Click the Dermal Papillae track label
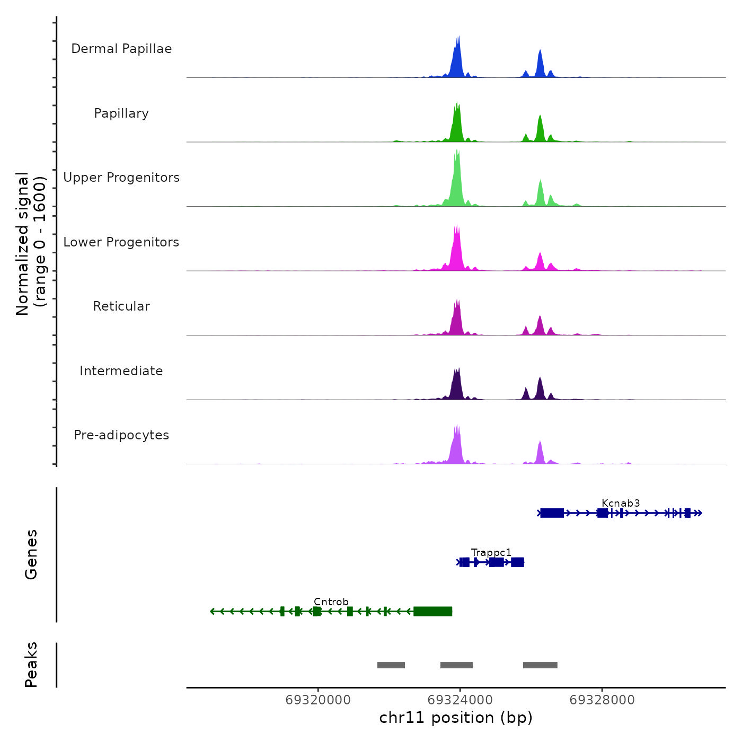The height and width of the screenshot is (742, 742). tap(121, 49)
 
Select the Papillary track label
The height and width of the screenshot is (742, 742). tap(121, 113)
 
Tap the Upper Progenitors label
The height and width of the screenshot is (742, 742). tap(121, 178)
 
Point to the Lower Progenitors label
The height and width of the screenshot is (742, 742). tap(121, 242)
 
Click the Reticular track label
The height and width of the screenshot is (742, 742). tap(121, 306)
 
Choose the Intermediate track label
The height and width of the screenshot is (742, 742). tap(121, 371)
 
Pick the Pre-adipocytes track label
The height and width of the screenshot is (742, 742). tap(121, 435)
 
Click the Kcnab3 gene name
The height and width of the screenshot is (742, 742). tap(621, 503)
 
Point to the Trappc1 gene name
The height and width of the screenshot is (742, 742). tap(491, 553)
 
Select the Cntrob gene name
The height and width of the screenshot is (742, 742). tap(331, 602)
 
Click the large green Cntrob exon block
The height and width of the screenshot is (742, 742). tap(432, 612)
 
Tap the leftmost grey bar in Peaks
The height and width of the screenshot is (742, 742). tap(391, 665)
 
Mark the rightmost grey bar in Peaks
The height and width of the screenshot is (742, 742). tap(540, 665)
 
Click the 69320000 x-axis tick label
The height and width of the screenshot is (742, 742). tap(318, 700)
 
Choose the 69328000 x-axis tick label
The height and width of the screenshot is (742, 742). tap(602, 700)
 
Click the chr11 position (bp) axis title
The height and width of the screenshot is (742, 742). tap(456, 718)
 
